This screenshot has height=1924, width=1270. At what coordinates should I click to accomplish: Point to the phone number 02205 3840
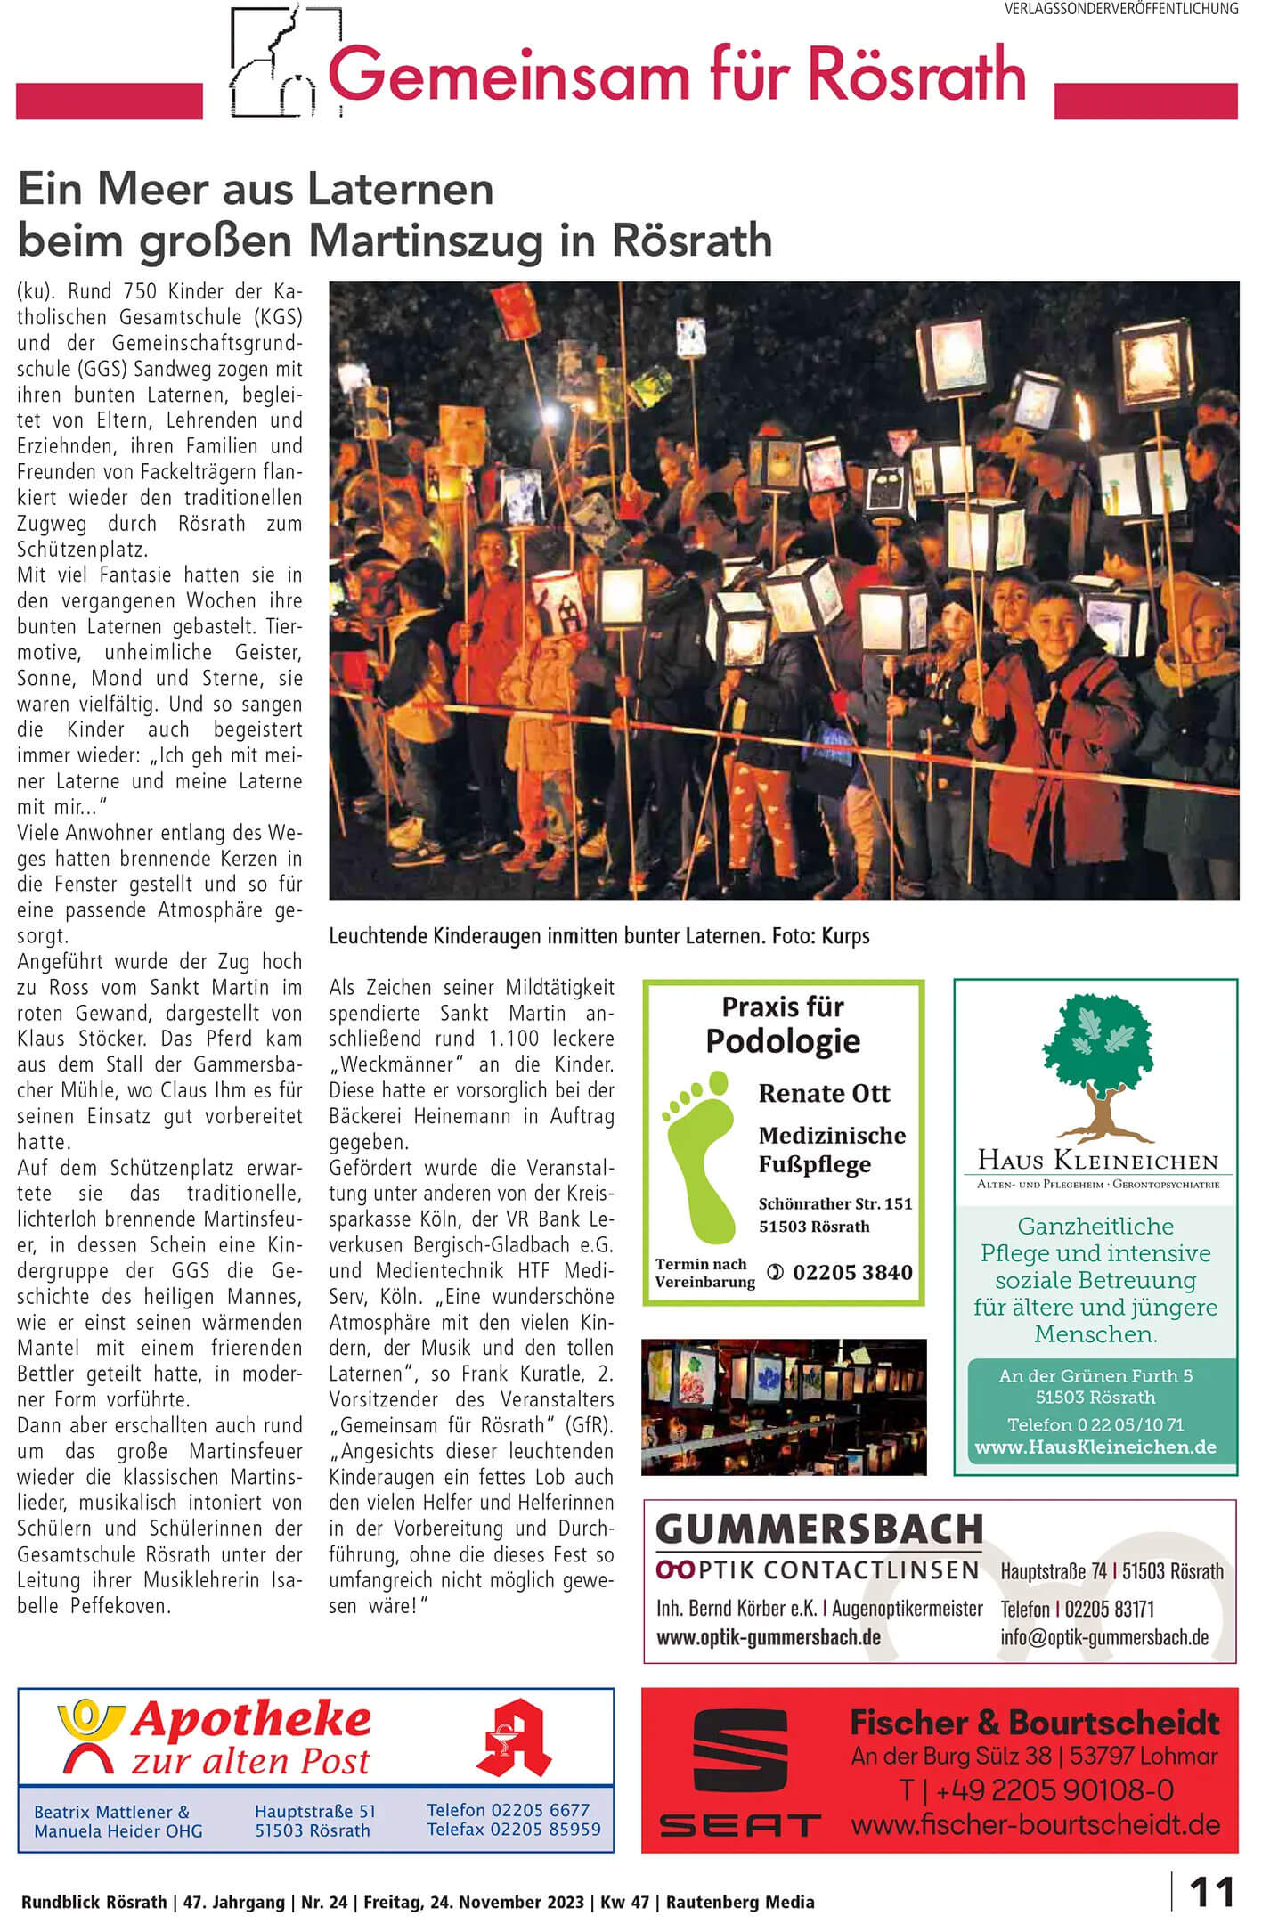point(851,1273)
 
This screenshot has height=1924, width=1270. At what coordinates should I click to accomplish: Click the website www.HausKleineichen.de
point(1095,1447)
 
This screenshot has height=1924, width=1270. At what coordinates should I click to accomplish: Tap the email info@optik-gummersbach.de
point(1104,1636)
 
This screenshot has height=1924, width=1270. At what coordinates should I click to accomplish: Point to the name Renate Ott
point(824,1093)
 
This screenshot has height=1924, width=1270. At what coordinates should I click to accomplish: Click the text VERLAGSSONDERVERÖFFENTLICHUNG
point(1121,9)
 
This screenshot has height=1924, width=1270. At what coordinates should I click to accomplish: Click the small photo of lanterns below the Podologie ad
point(784,1408)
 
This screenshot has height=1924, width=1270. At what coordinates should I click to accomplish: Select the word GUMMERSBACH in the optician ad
point(819,1530)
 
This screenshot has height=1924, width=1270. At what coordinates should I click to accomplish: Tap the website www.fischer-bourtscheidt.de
point(1035,1824)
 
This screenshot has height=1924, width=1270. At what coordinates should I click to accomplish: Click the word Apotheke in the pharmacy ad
point(250,1720)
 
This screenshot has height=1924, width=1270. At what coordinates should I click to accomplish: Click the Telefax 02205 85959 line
point(513,1830)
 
